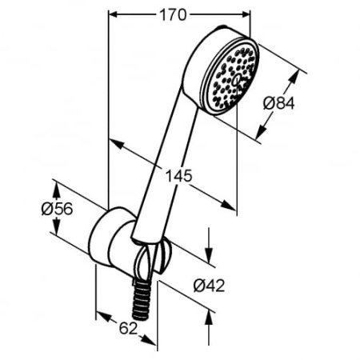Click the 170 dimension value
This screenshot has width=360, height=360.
click(x=179, y=14)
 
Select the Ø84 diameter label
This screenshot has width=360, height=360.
click(x=280, y=102)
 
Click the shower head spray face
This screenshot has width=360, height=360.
click(x=234, y=77)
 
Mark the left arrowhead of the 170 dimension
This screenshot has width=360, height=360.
click(x=111, y=14)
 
